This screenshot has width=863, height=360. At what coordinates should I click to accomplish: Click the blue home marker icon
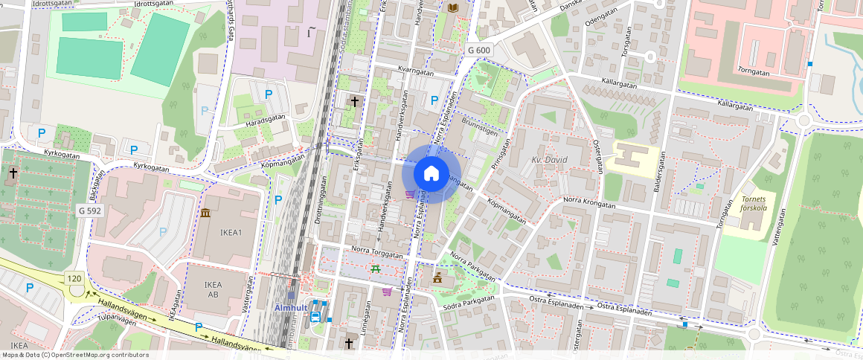[x=431, y=174]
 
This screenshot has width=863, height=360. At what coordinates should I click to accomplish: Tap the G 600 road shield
[x=479, y=49]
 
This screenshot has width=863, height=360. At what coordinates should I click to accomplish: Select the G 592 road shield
[x=89, y=210]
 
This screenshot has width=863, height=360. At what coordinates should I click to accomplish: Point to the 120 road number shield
[x=74, y=278]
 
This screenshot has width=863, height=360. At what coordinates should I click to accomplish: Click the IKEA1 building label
[x=231, y=232]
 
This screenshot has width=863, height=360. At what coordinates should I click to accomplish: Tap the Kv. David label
[x=549, y=160]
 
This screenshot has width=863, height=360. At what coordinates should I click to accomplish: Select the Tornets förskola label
[x=758, y=204]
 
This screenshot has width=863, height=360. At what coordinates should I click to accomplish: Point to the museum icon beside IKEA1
[x=205, y=214]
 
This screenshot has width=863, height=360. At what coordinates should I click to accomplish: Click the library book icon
[x=453, y=7]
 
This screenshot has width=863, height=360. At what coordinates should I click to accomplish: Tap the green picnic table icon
[x=376, y=269]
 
